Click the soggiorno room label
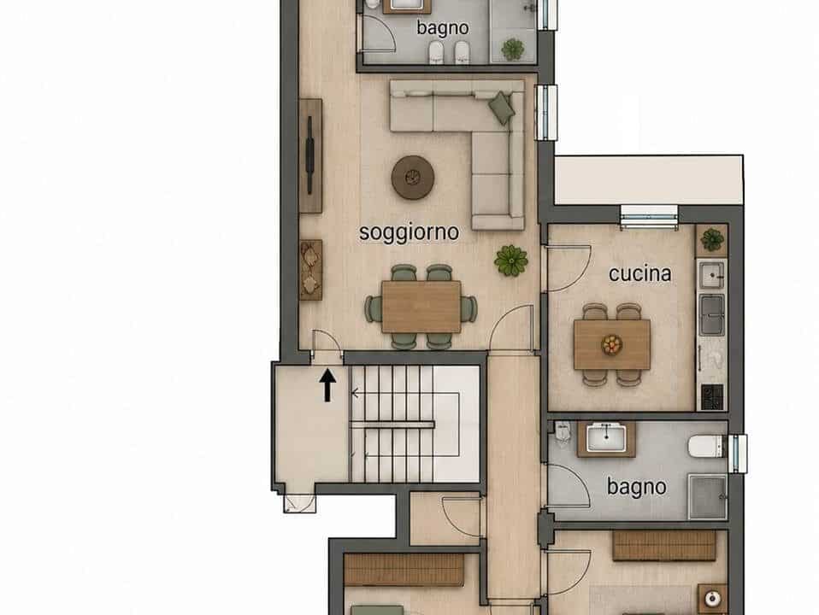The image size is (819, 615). point(409,233)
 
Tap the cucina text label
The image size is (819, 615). point(639,273)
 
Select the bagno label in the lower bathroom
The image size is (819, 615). point(637,487)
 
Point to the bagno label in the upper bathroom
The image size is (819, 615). point(442,27)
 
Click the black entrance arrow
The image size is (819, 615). point(327,385)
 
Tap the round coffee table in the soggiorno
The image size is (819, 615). point(413,178)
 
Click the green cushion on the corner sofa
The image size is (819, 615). point(502,108)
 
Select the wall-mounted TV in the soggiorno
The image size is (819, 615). point(309,155)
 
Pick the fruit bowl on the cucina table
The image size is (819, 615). point(611,344)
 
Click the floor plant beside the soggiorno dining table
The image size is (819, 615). point(511,261)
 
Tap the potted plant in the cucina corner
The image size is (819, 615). point(712,240)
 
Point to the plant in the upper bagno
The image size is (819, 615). point(513,50)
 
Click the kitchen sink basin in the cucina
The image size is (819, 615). point(712,274)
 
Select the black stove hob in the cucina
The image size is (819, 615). point(712,397)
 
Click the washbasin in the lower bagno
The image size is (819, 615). point(606,438)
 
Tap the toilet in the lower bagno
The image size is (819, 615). point(705,447)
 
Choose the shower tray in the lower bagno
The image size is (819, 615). point(708,496)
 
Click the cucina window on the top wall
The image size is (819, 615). point(649,217)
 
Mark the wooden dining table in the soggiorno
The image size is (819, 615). point(421,307)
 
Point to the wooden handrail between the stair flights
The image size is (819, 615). point(392,425)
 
